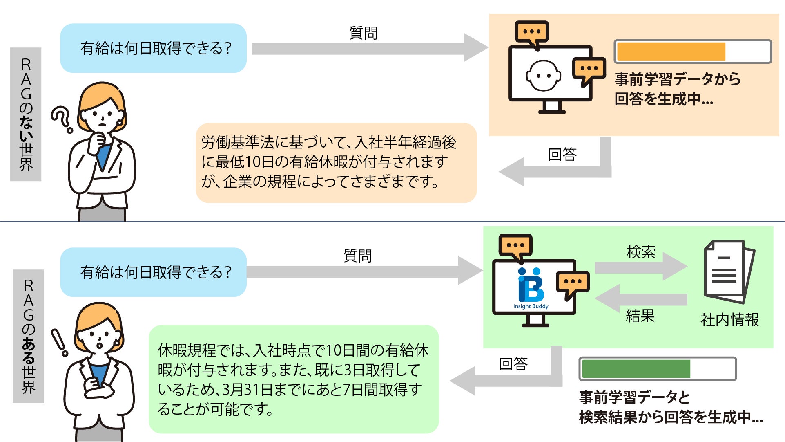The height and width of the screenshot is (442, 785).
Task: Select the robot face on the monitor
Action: click(x=543, y=76)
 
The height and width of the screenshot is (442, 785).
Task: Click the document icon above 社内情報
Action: click(x=729, y=271)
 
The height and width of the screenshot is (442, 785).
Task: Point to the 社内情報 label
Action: click(x=729, y=320)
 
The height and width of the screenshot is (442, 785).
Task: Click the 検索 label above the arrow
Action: click(x=641, y=252)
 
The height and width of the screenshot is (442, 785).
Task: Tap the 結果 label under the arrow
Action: click(x=640, y=316)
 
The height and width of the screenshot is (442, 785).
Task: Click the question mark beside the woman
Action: click(x=62, y=119)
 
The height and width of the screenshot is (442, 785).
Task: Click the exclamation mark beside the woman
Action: click(x=59, y=342)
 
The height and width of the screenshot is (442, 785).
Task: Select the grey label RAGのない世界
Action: click(x=26, y=114)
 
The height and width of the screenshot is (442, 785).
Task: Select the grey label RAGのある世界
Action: click(x=28, y=336)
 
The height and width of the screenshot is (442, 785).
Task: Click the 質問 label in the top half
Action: click(x=363, y=33)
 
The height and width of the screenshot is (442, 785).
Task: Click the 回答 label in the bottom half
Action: click(x=513, y=363)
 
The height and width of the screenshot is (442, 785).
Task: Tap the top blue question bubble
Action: click(x=153, y=48)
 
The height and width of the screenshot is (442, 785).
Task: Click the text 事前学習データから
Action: click(x=677, y=79)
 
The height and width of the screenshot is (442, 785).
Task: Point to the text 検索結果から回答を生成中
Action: click(x=671, y=417)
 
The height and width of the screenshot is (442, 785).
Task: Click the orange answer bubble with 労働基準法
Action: click(x=336, y=163)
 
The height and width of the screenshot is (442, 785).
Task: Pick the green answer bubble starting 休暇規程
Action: click(x=293, y=379)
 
